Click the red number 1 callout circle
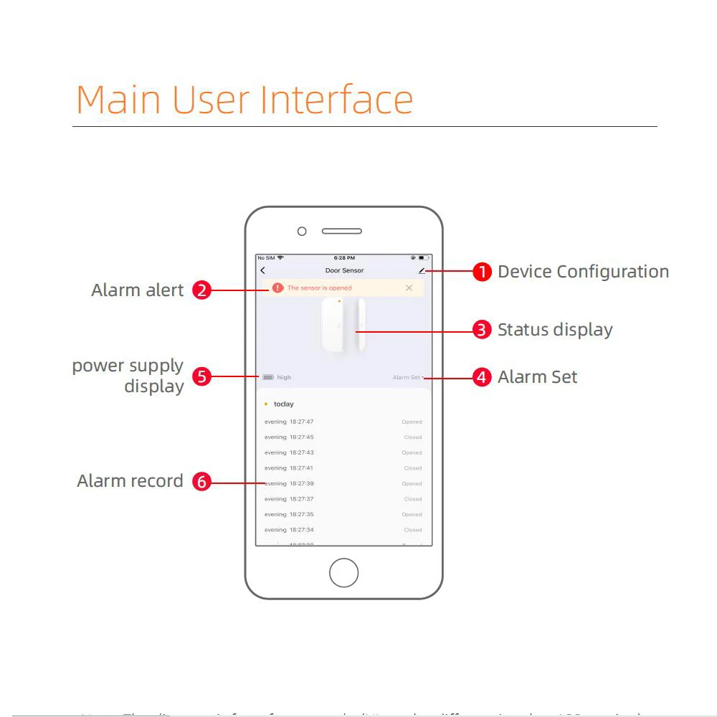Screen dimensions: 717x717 [x=482, y=272]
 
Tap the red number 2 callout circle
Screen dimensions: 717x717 [x=202, y=290]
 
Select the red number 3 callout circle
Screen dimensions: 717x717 [x=482, y=330]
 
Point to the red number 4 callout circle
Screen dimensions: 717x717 [x=482, y=377]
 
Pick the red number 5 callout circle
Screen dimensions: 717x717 [x=202, y=377]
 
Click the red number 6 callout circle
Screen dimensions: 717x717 [x=202, y=482]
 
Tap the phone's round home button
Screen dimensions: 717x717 [x=343, y=573]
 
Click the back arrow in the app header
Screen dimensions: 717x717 [x=263, y=270]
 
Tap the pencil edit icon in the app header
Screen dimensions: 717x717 [x=422, y=270]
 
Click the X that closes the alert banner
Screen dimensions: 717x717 [x=409, y=288]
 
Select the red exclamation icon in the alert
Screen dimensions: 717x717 [x=277, y=288]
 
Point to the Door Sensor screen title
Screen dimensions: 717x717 [x=344, y=270]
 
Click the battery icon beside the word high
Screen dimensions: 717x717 [x=268, y=377]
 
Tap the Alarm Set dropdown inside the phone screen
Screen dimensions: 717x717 [x=407, y=377]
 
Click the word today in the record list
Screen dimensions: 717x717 [x=284, y=404]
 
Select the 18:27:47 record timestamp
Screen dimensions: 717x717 [x=301, y=422]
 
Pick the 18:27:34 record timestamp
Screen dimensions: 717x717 [x=301, y=530]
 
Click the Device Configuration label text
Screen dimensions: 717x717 [x=583, y=272]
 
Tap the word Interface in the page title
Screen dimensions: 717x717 [x=336, y=100]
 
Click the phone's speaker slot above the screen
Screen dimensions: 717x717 [x=341, y=232]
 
